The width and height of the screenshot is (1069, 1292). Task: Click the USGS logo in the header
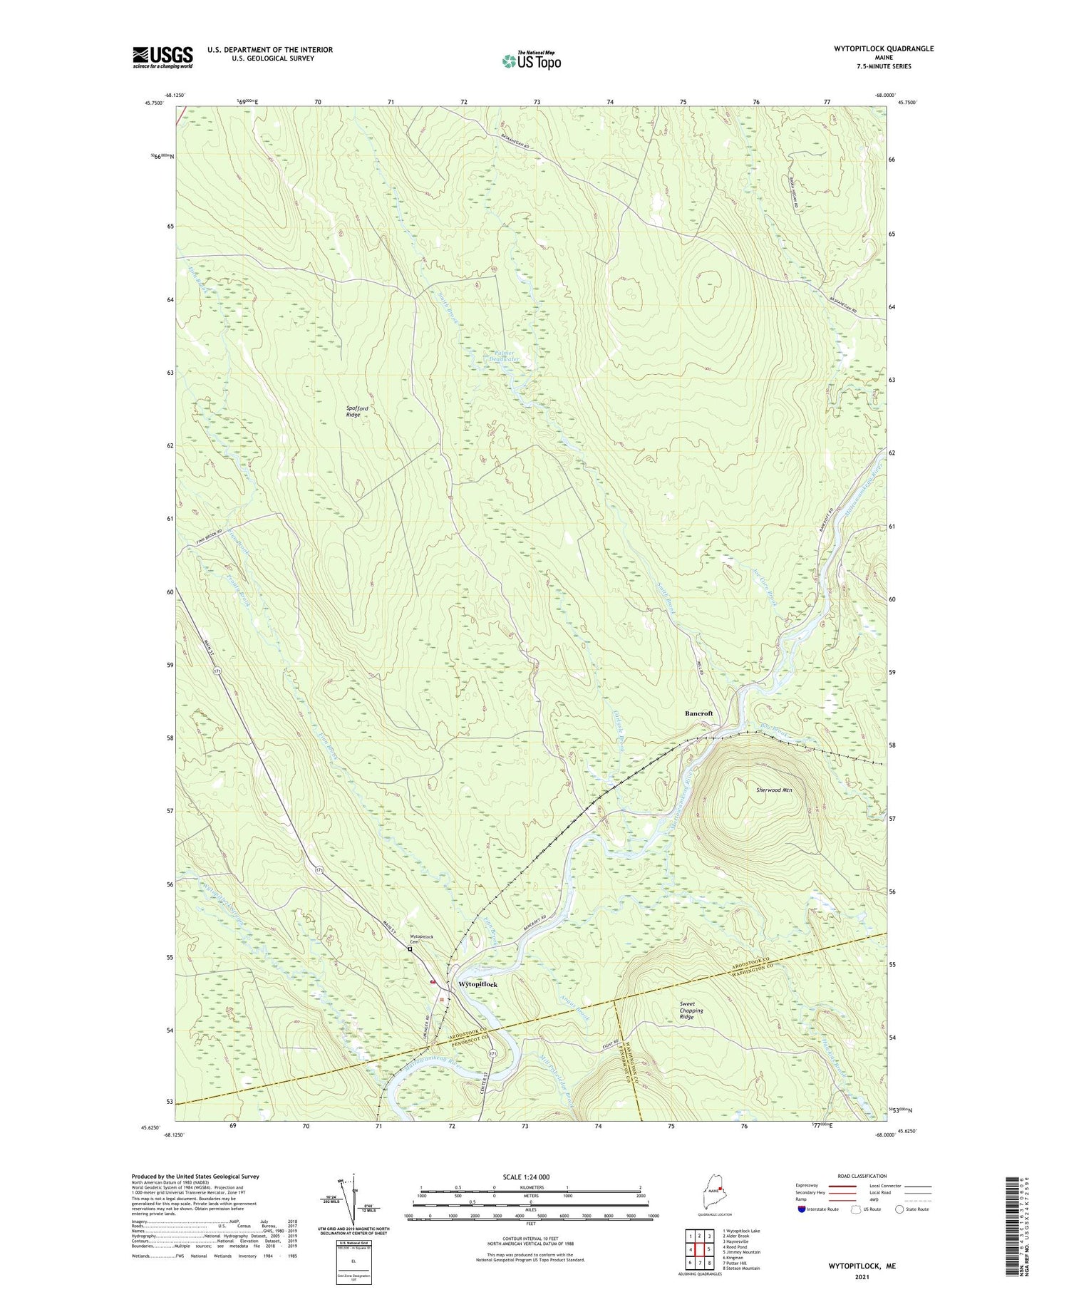(x=162, y=57)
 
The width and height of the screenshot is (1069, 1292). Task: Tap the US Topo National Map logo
(x=532, y=61)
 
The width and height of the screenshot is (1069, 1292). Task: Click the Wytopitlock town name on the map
(x=477, y=984)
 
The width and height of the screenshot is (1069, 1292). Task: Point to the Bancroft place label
(x=698, y=713)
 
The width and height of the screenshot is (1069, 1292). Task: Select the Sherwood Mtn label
(x=774, y=790)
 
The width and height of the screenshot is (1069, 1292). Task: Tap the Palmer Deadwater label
(x=505, y=356)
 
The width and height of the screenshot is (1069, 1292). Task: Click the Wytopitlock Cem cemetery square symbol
(x=410, y=949)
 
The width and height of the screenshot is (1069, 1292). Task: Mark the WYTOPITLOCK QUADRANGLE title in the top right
(x=884, y=48)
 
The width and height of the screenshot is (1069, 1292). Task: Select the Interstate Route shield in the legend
(x=802, y=1209)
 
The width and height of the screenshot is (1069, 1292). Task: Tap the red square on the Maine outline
(x=721, y=1189)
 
